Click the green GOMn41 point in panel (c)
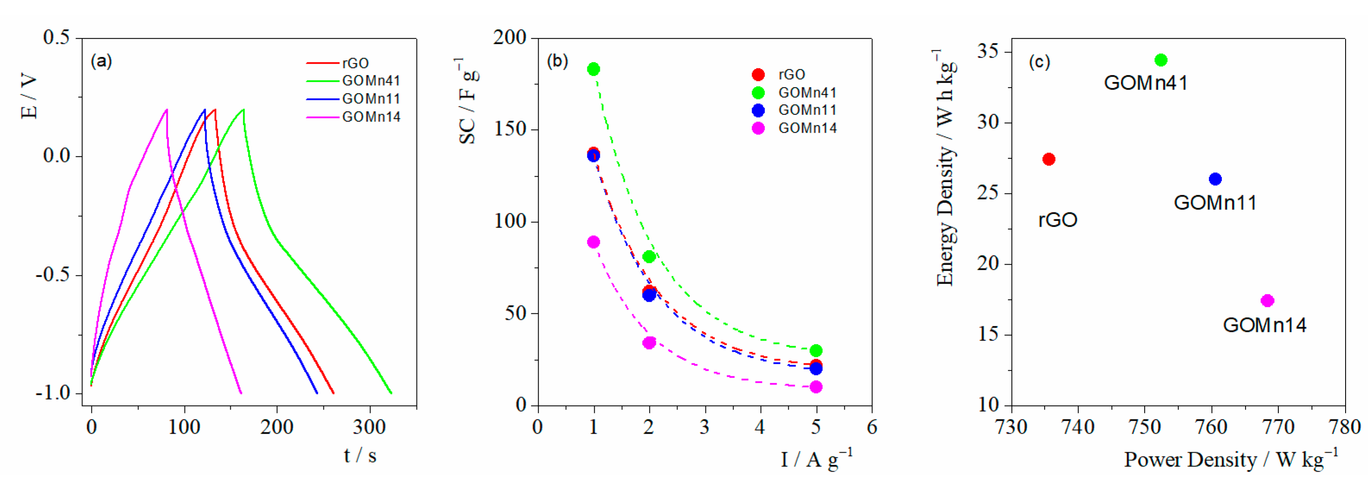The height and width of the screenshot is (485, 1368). coord(1161,60)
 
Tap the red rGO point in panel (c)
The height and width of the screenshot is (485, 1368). coord(1048,159)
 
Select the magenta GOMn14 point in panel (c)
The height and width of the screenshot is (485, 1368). coord(1267,301)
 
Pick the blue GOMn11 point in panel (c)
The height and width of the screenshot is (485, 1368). coord(1215,179)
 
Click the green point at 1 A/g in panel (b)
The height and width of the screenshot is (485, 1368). coord(593,69)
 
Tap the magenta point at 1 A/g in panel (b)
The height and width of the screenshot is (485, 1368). coord(593,242)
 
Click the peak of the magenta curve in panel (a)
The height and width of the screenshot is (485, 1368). coord(167,110)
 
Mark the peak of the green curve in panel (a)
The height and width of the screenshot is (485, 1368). coord(243,110)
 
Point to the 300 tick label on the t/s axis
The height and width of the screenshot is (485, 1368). coord(369,427)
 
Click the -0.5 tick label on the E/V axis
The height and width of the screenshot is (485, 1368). coord(53,275)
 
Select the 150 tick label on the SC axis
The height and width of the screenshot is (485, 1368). coord(510,129)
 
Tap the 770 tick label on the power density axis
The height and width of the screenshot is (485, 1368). coord(1278,427)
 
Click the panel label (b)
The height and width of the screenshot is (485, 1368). coord(557,61)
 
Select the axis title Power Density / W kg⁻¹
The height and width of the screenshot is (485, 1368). coord(1230,460)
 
